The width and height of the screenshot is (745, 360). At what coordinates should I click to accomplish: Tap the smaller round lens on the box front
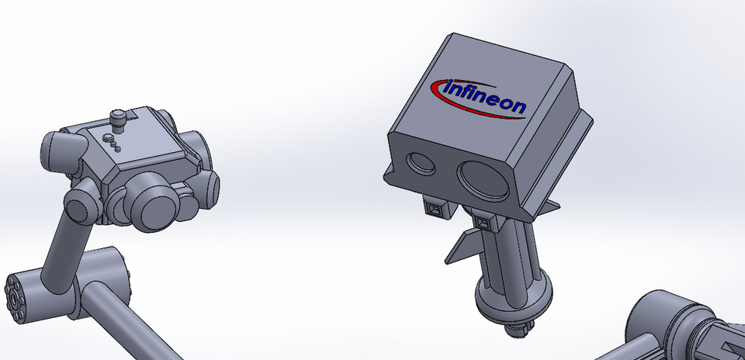click(x=422, y=162)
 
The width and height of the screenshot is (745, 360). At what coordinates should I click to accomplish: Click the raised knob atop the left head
click(x=118, y=119)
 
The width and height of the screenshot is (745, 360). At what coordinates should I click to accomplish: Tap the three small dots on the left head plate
click(x=112, y=142)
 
